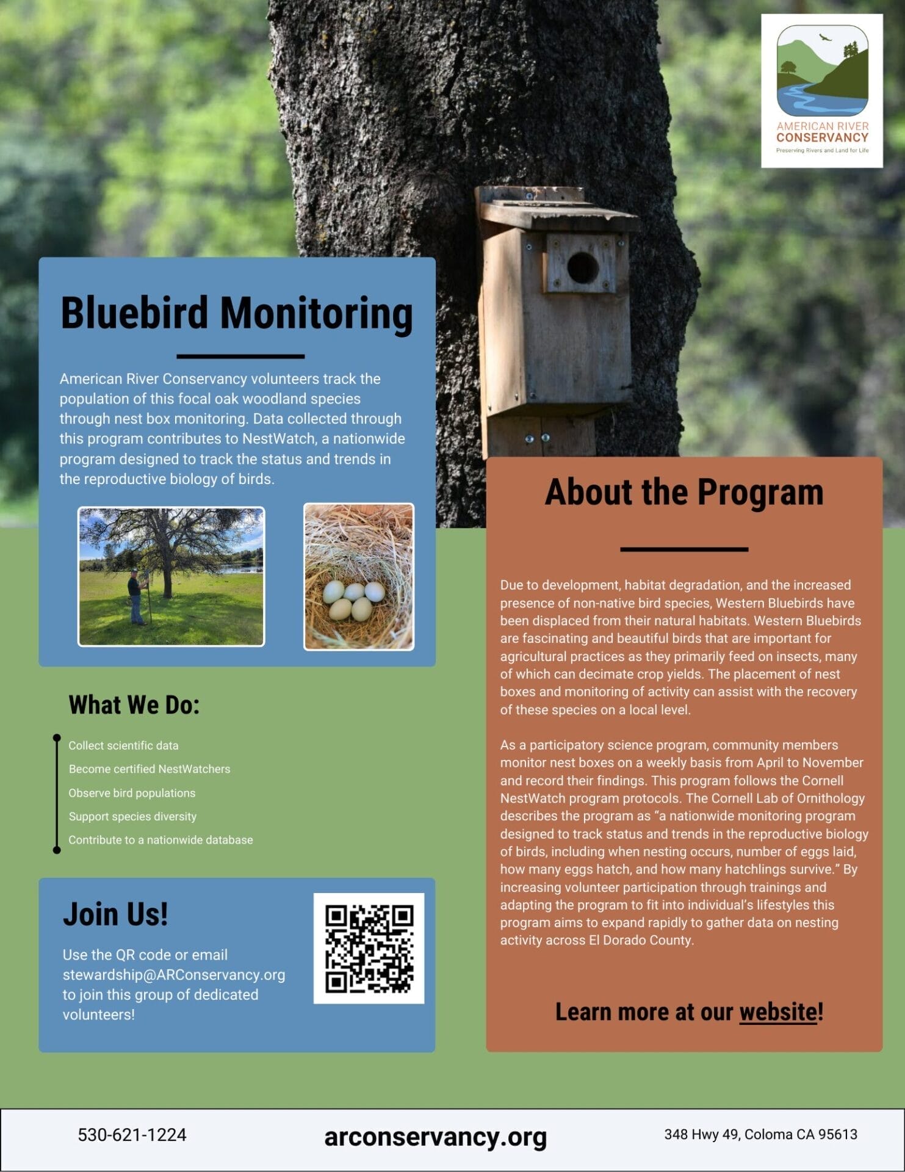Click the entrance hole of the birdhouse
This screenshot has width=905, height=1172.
(582, 267)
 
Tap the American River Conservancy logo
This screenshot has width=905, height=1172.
(821, 90)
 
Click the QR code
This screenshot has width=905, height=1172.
(369, 948)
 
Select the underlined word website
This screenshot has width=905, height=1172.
(777, 1012)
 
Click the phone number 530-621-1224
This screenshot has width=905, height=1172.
(132, 1135)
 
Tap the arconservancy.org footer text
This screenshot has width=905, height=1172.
(435, 1137)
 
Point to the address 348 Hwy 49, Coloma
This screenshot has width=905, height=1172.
(760, 1134)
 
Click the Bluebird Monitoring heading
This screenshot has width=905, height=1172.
(237, 313)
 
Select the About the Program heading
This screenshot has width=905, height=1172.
(683, 492)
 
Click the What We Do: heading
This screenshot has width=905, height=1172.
(134, 705)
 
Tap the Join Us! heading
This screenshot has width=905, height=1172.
(115, 914)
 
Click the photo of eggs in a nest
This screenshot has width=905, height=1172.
(359, 577)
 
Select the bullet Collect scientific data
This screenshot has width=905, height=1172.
(123, 745)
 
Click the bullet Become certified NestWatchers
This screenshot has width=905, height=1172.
(150, 769)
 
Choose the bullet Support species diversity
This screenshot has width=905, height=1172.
(132, 816)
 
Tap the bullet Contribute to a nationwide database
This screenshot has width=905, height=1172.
(160, 840)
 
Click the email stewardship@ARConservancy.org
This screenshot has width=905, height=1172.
(174, 975)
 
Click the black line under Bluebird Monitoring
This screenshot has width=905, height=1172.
(240, 356)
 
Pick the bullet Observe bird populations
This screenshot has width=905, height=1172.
(132, 793)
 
